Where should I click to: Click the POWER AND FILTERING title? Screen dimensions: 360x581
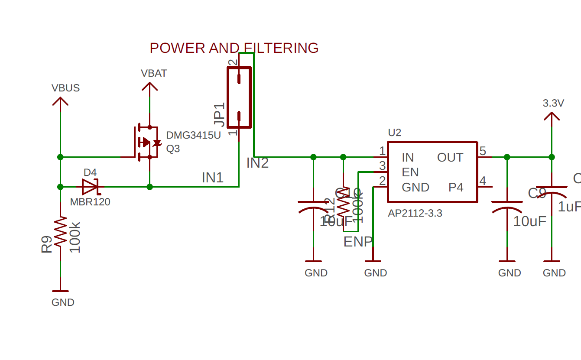(x=234, y=48)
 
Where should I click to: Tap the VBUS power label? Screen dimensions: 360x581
(x=65, y=88)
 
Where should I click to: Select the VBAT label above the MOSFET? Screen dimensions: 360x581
(x=154, y=73)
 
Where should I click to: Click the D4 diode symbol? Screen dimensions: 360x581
(x=91, y=187)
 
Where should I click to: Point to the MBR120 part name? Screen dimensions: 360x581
(x=90, y=202)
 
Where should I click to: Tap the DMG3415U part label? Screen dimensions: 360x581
(x=193, y=135)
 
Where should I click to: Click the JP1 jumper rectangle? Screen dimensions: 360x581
(x=239, y=97)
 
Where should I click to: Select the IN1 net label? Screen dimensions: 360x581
(x=212, y=178)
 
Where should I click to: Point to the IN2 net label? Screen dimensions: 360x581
(x=257, y=163)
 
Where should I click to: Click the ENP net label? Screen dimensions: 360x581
(x=358, y=242)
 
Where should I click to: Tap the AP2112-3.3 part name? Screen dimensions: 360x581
(x=415, y=213)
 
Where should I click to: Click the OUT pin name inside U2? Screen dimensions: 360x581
(x=450, y=158)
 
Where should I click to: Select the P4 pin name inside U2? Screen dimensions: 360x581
(x=455, y=188)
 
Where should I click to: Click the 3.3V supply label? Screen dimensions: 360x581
(x=553, y=104)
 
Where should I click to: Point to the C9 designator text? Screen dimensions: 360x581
(x=537, y=193)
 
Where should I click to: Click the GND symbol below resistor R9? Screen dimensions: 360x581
(x=60, y=292)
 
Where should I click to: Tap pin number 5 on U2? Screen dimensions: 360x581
(x=483, y=151)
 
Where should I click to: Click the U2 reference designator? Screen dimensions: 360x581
(x=394, y=133)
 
